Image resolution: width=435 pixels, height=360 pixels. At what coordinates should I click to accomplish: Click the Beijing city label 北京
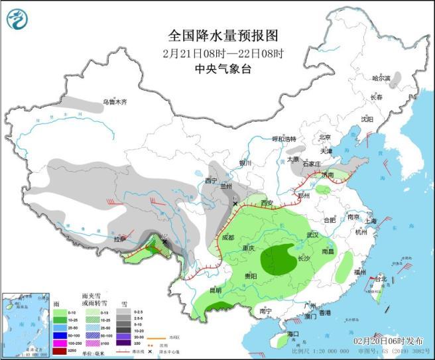click(324, 137)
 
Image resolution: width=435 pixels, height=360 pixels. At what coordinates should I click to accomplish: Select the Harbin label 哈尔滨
click(381, 78)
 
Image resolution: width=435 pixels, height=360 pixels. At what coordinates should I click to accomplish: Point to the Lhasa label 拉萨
click(119, 239)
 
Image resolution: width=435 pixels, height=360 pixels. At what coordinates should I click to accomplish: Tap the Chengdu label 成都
click(228, 237)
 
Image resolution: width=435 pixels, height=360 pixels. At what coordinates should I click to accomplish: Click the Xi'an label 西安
click(267, 203)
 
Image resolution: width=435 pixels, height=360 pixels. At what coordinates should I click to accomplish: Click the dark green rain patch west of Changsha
click(279, 259)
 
